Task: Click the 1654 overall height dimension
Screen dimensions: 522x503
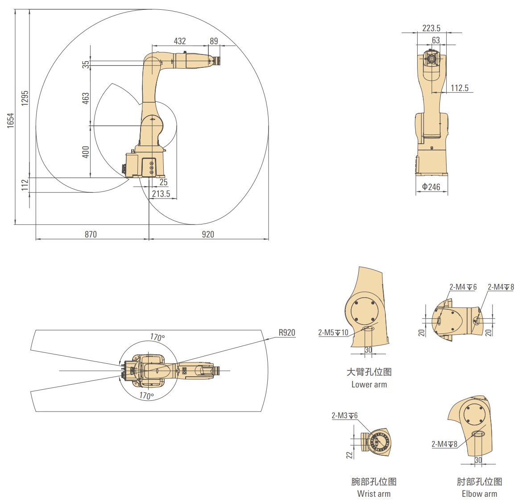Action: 11,120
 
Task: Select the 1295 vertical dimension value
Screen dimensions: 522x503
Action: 25,98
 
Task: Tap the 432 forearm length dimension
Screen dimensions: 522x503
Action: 180,41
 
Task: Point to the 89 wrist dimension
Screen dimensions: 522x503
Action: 214,41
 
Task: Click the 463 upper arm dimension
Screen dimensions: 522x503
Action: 86,98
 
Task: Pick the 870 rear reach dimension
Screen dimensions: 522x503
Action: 91,234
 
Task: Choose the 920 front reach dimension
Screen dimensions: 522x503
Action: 208,234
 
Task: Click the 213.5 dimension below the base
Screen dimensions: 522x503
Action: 161,194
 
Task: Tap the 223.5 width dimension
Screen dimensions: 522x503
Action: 431,28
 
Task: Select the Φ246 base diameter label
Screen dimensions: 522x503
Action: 431,187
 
